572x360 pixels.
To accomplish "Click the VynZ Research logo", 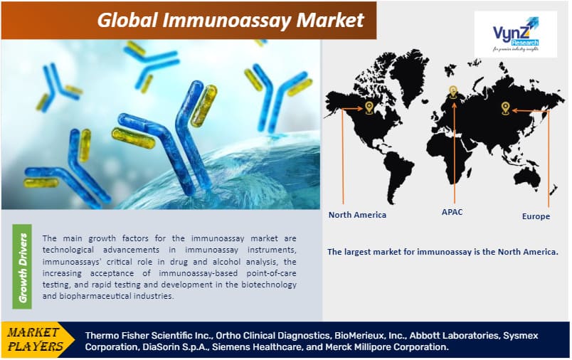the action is point(516,34).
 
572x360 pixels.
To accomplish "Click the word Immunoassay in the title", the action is point(227,20).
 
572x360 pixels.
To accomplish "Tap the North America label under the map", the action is point(357,215).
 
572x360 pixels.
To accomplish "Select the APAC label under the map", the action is point(452,212).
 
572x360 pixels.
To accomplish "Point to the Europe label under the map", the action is point(536,216).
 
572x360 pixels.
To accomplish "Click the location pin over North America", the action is point(369,107).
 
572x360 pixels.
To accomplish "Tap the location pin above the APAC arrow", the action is point(453,92).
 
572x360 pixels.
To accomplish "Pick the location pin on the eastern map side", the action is point(505,108).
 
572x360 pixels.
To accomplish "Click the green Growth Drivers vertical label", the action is point(22,267).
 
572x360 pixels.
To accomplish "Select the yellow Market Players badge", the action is point(36,339).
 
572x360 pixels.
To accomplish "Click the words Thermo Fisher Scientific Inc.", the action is point(149,335).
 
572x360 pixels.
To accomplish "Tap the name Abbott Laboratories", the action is point(455,335).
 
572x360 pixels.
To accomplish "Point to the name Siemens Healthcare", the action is point(258,347).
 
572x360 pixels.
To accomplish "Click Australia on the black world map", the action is point(524,178).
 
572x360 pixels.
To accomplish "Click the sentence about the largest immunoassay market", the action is point(443,252).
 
